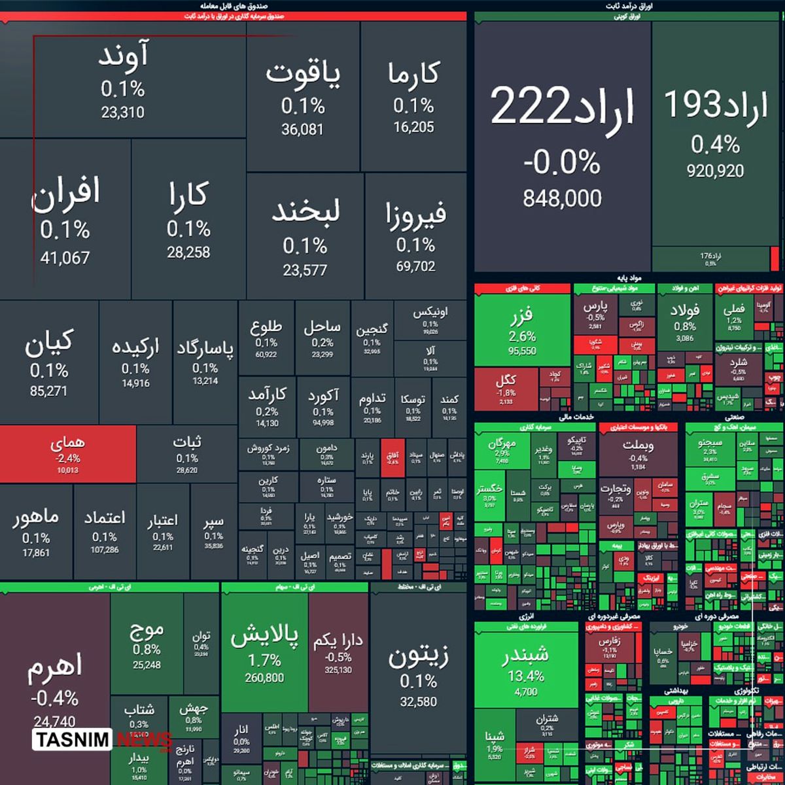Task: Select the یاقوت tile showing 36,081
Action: pos(303,98)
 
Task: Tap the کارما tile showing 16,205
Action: pos(413,98)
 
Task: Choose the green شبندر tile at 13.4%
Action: pos(526,667)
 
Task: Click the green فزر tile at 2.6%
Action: pos(522,330)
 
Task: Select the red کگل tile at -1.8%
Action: pos(506,388)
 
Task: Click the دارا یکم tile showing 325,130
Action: pos(338,651)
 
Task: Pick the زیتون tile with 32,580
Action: pos(418,674)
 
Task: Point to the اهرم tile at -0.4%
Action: pos(54,680)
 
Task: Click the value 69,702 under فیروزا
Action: pos(415,266)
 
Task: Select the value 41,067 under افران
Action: pos(65,258)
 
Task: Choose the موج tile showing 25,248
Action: pos(147,644)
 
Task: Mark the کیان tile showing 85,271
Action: pos(49,363)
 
